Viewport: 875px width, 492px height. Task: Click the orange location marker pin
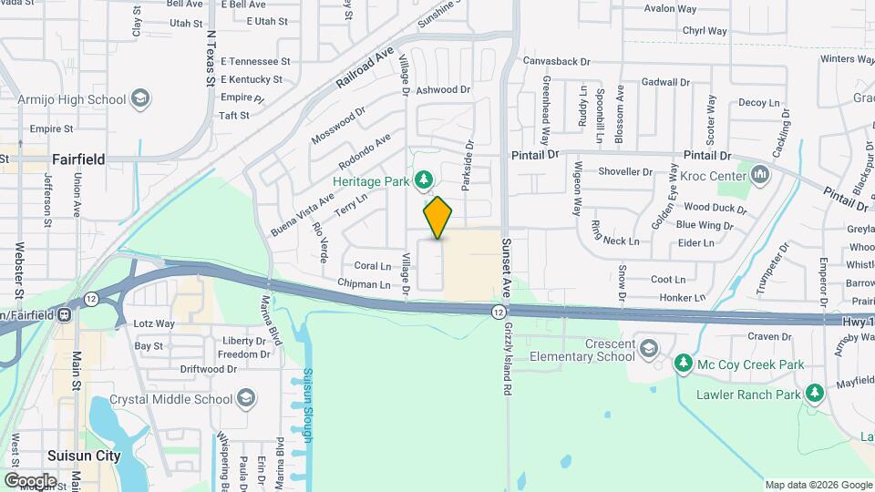(x=437, y=218)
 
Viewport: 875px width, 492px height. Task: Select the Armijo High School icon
(x=139, y=98)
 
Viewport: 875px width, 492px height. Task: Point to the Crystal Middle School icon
(x=246, y=399)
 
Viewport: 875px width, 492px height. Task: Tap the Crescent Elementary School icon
(x=647, y=350)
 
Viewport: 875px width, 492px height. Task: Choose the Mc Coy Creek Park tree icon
(x=683, y=364)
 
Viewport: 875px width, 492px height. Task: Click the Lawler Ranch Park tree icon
(x=814, y=394)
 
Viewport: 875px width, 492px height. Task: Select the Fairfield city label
(x=78, y=159)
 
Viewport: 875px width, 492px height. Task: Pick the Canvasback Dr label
(x=557, y=62)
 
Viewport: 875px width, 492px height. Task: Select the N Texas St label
(x=211, y=56)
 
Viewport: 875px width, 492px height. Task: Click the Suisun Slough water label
(x=308, y=405)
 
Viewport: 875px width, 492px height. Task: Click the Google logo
(x=30, y=480)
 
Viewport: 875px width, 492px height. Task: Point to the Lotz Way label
(x=154, y=323)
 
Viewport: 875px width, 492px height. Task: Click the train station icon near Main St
(x=65, y=315)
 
